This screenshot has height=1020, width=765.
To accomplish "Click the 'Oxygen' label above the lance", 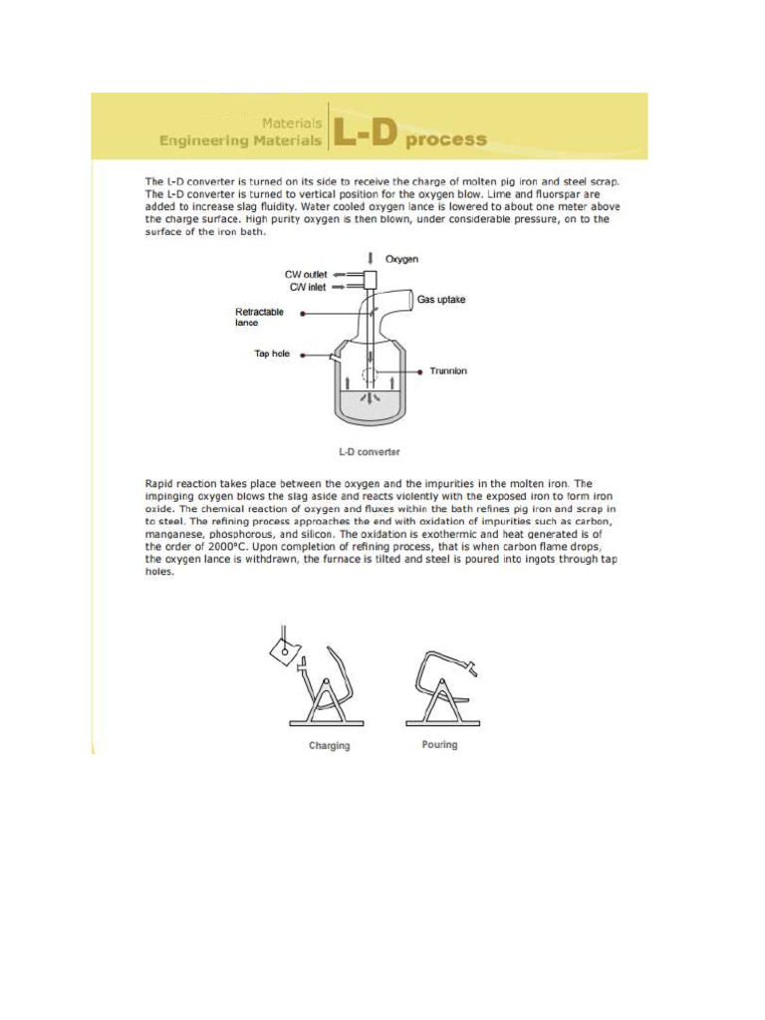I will pyautogui.click(x=402, y=259).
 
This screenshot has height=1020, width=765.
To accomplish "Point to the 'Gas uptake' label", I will pyautogui.click(x=441, y=299).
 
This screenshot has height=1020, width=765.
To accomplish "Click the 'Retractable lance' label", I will pyautogui.click(x=259, y=318).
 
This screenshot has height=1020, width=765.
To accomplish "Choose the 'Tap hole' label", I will pyautogui.click(x=271, y=354).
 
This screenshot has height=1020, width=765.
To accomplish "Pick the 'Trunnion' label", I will pyautogui.click(x=448, y=372).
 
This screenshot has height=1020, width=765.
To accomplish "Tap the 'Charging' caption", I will pyautogui.click(x=329, y=746).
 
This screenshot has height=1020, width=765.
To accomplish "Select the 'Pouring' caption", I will pyautogui.click(x=439, y=745).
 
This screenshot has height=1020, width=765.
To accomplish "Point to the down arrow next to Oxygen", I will pyautogui.click(x=372, y=258).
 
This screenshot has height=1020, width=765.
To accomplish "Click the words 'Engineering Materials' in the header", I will pyautogui.click(x=240, y=141).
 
